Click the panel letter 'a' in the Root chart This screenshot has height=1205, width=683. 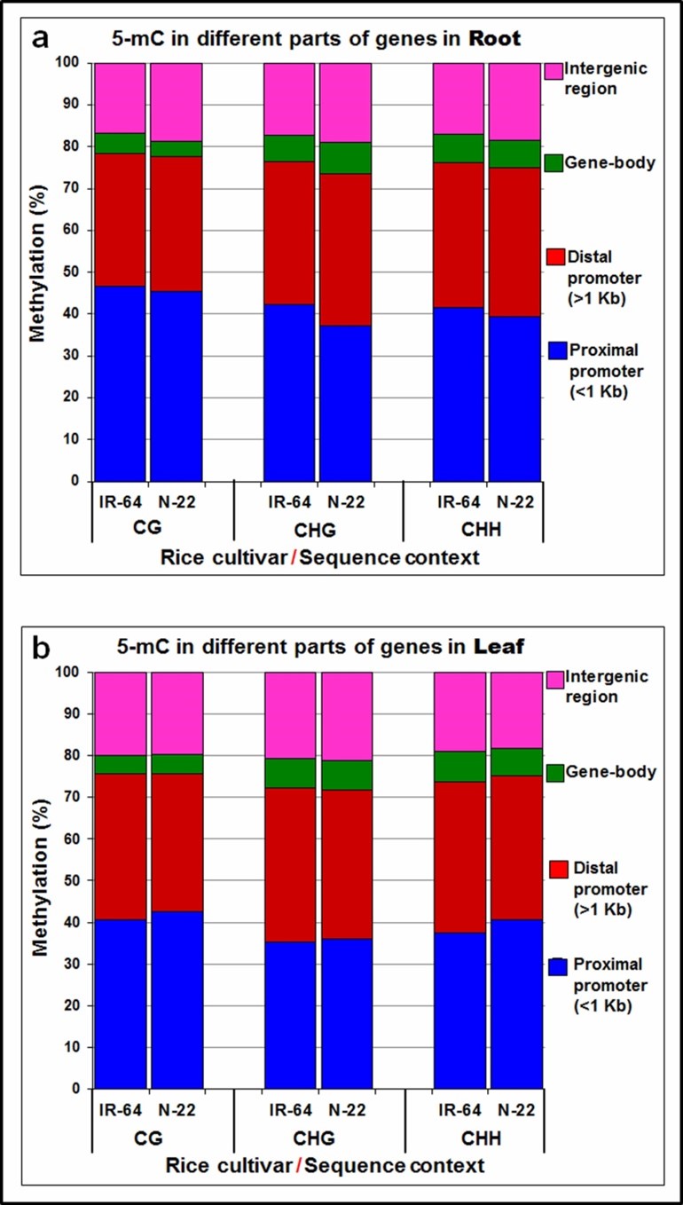click(x=41, y=38)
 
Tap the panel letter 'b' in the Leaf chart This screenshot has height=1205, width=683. click(x=42, y=648)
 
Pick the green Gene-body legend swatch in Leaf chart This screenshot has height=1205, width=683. click(x=553, y=772)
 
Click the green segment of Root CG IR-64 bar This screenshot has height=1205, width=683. click(x=120, y=144)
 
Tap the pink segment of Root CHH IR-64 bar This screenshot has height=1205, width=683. click(x=459, y=98)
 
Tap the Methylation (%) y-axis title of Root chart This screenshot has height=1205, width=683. click(x=38, y=272)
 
